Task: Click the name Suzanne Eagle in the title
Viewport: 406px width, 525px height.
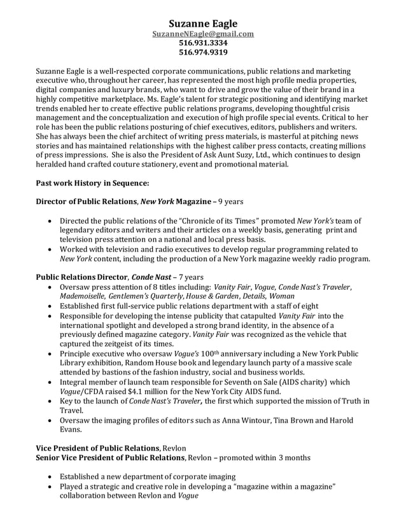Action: pyautogui.click(x=202, y=24)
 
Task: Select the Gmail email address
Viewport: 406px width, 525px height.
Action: pyautogui.click(x=202, y=34)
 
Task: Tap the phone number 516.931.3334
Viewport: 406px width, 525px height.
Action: pyautogui.click(x=202, y=43)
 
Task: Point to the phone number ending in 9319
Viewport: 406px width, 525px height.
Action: pyautogui.click(x=202, y=52)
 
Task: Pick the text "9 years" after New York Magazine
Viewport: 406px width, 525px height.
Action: pyautogui.click(x=230, y=202)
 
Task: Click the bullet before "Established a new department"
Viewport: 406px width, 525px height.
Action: pyautogui.click(x=51, y=476)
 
